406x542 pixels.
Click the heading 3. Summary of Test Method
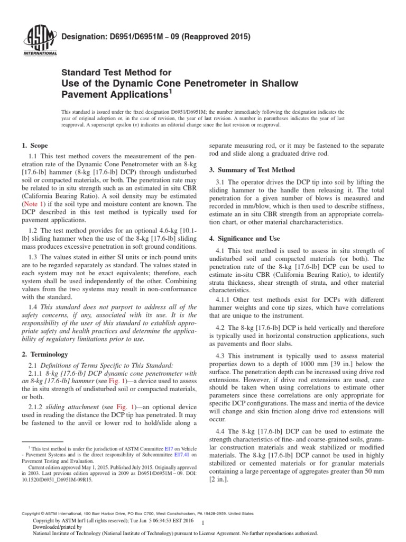click(252, 170)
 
